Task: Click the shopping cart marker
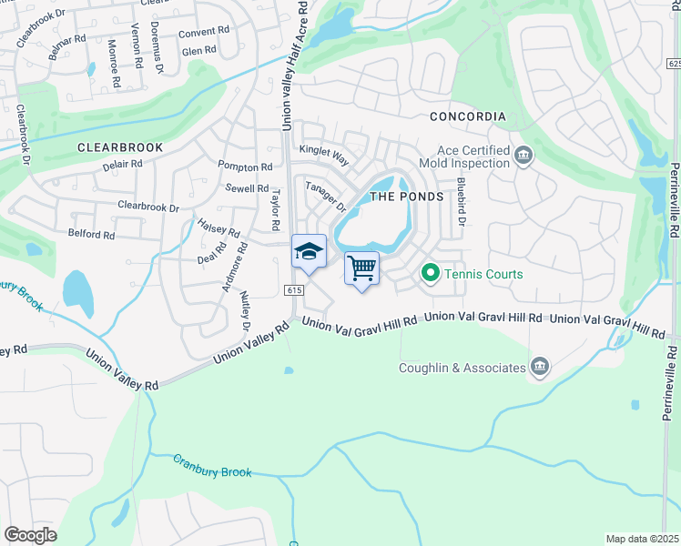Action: tap(362, 268)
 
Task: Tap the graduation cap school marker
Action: tap(309, 251)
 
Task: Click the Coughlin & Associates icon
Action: tap(539, 368)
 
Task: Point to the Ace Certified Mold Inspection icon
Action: tap(523, 157)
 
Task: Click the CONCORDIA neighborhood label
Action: tap(467, 117)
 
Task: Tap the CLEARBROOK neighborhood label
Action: tap(120, 147)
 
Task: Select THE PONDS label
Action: tap(406, 197)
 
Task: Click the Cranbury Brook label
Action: tap(211, 466)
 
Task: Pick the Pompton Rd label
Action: tap(245, 167)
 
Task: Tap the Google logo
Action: tap(30, 535)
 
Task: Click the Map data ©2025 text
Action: tap(642, 539)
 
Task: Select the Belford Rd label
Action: tap(92, 235)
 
